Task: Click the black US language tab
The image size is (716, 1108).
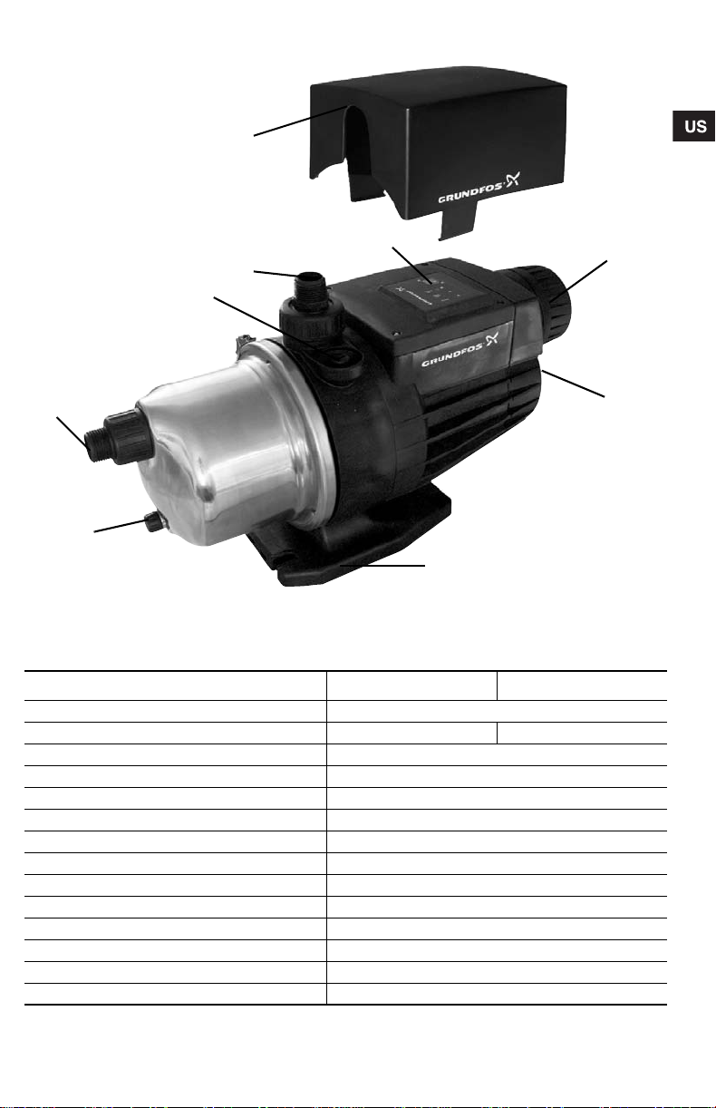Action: pyautogui.click(x=693, y=126)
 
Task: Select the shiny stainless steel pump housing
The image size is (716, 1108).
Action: pyautogui.click(x=232, y=452)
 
